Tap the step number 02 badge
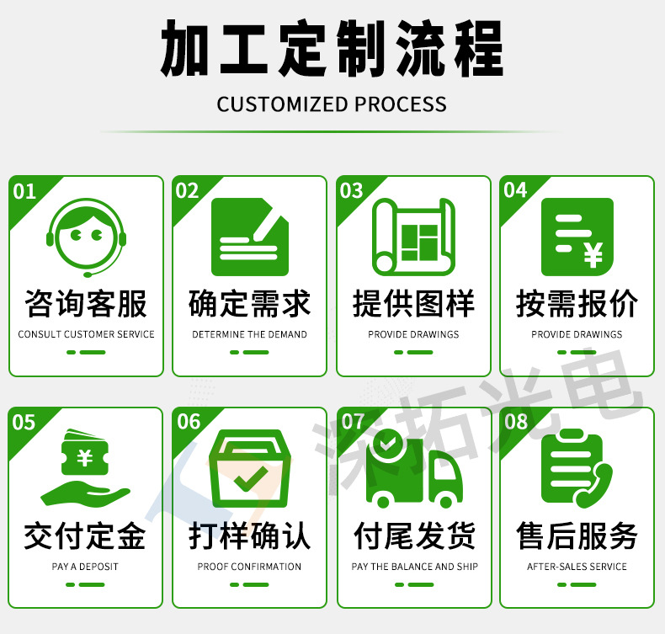(x=187, y=191)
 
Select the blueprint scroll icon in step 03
(x=413, y=237)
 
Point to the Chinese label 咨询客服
(x=86, y=304)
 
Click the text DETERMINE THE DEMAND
(x=250, y=334)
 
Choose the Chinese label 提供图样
(x=413, y=304)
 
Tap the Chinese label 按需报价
(x=577, y=304)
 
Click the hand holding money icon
(x=86, y=466)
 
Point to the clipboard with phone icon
(x=577, y=468)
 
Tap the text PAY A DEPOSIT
(x=86, y=567)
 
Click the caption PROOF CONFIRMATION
(x=250, y=567)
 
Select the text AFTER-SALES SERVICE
(x=577, y=567)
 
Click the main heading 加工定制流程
(x=332, y=49)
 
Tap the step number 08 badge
(x=516, y=422)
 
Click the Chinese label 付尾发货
(x=413, y=536)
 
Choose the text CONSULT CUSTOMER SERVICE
(x=86, y=334)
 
